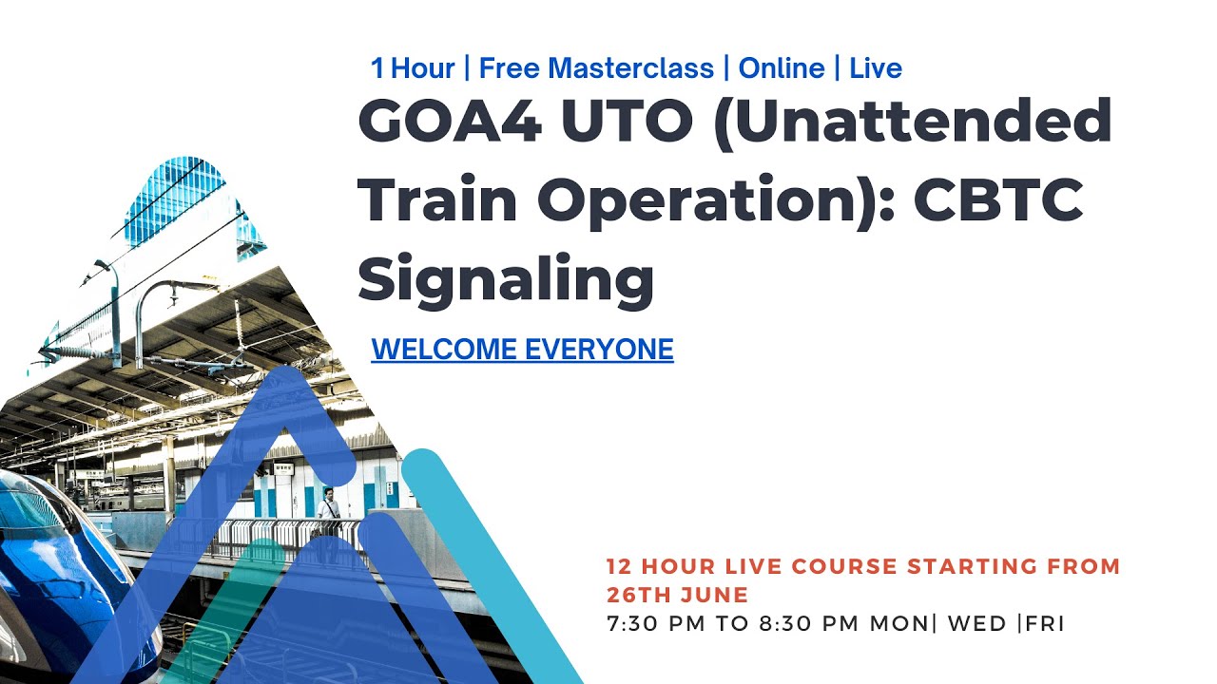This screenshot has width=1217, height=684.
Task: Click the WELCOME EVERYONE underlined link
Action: [522, 350]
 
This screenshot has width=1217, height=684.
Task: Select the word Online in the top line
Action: [782, 68]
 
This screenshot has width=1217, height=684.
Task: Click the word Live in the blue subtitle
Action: [876, 68]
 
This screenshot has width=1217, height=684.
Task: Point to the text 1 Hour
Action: [413, 68]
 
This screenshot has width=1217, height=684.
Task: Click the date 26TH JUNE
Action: [677, 596]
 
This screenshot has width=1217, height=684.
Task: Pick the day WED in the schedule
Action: [979, 624]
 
